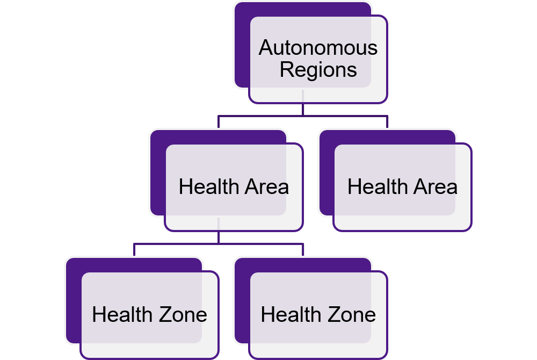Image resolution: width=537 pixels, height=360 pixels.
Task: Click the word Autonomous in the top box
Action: tap(318, 48)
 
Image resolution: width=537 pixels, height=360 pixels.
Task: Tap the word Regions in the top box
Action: tap(318, 70)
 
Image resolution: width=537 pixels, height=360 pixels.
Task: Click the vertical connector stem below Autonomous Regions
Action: tap(303, 109)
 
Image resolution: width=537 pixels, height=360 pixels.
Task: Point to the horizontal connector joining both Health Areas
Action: tap(344, 116)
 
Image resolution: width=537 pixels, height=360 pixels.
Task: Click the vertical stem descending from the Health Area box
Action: tap(219, 237)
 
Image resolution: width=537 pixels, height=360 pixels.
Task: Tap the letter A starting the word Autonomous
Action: tap(265, 48)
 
